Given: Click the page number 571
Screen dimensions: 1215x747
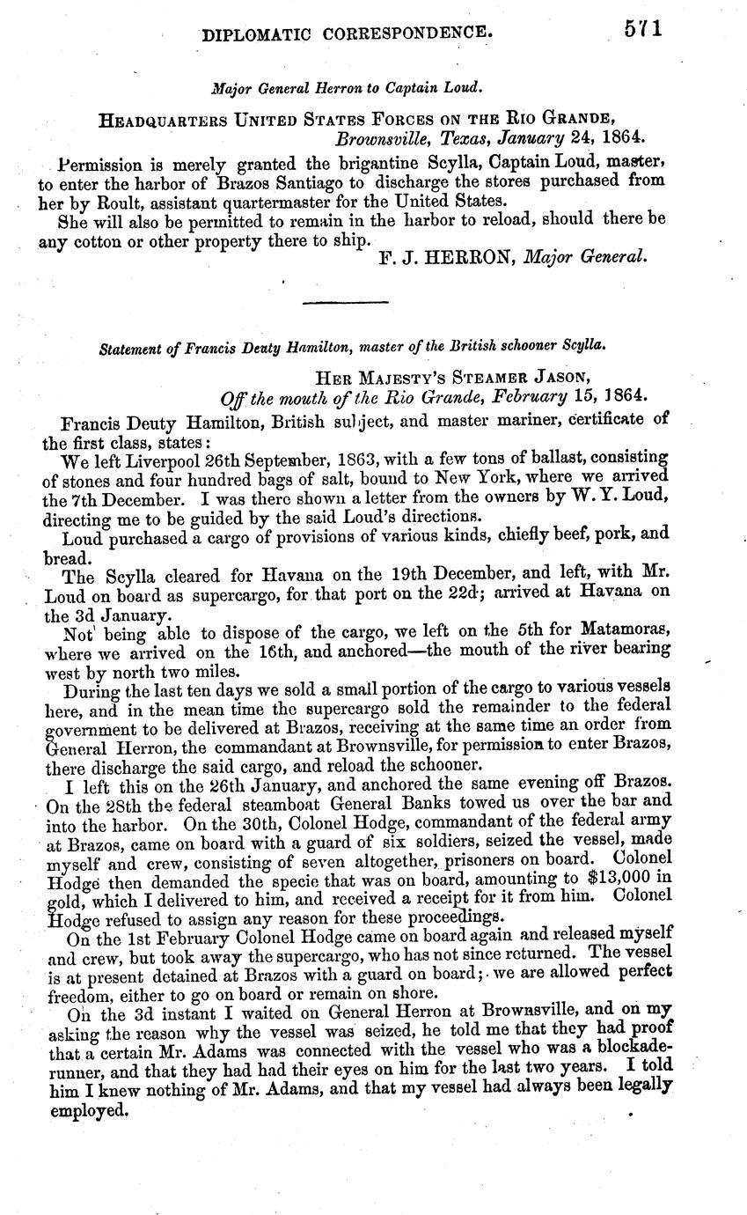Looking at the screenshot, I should coord(643,28).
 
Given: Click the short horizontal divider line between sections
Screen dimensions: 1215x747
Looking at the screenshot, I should coord(345,303).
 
